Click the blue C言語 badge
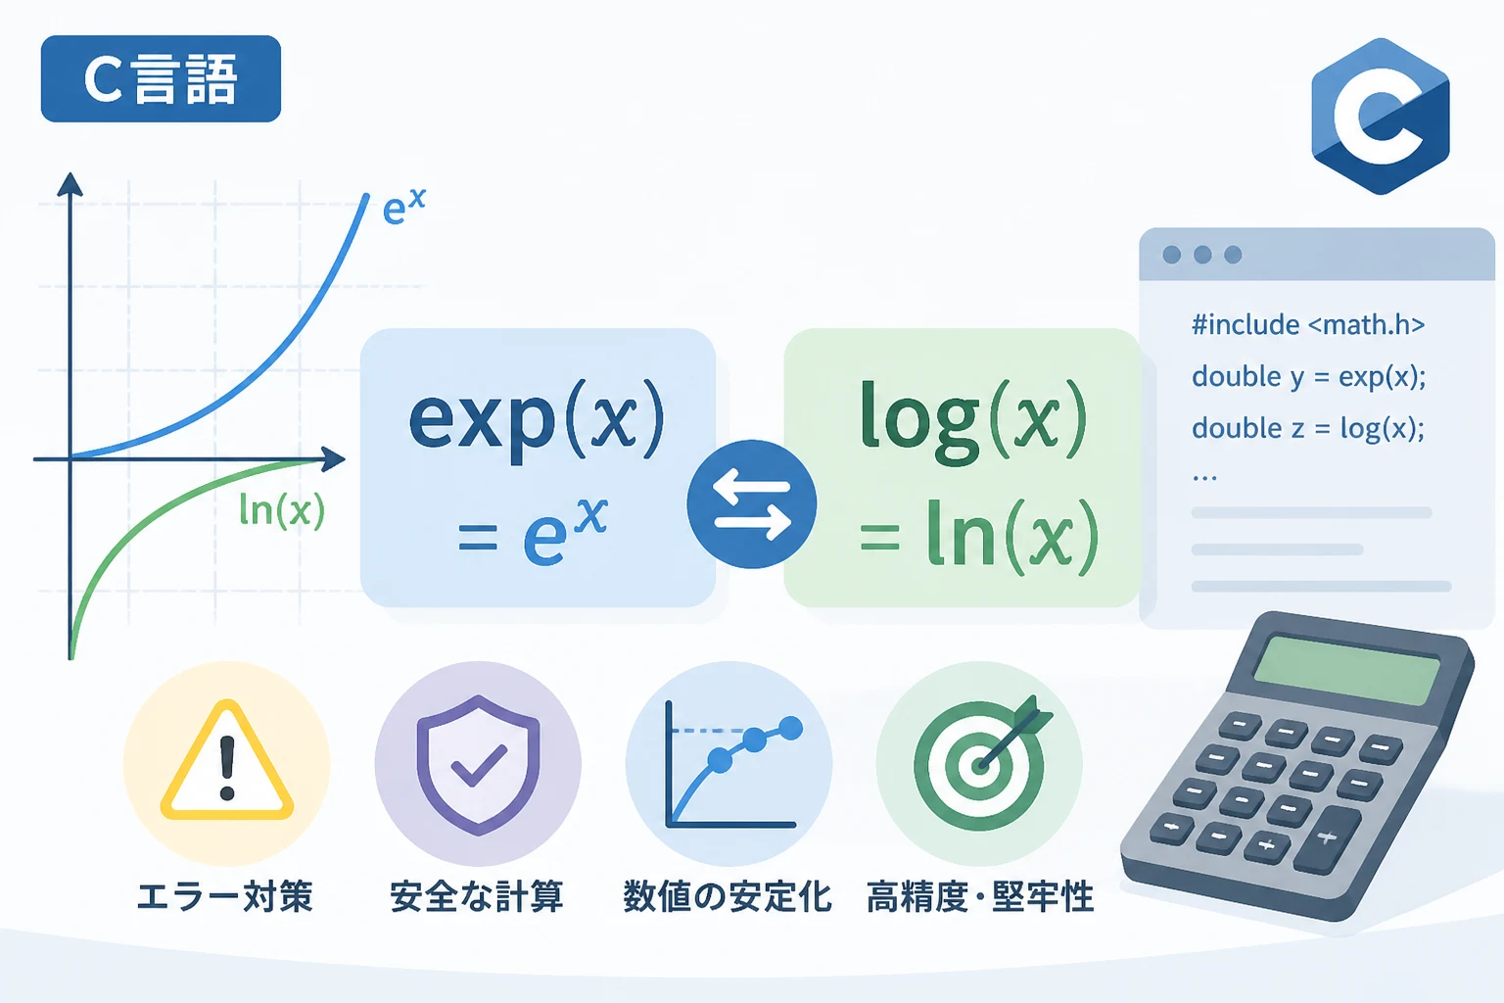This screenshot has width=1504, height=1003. pyautogui.click(x=161, y=78)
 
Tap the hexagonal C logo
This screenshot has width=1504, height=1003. pyautogui.click(x=1381, y=117)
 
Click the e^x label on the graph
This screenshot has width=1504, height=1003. pyautogui.click(x=403, y=206)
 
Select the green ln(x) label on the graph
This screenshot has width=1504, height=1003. pyautogui.click(x=282, y=510)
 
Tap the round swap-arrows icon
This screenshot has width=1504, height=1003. pyautogui.click(x=751, y=503)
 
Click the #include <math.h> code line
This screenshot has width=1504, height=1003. pyautogui.click(x=1308, y=325)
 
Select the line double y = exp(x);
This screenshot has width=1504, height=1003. pyautogui.click(x=1308, y=377)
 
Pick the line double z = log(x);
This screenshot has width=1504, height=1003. pyautogui.click(x=1308, y=428)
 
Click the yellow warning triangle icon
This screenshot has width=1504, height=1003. pyautogui.click(x=227, y=760)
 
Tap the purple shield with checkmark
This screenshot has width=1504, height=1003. pyautogui.click(x=478, y=765)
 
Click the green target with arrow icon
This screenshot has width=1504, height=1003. pyautogui.click(x=982, y=762)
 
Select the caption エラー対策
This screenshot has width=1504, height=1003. pyautogui.click(x=225, y=897)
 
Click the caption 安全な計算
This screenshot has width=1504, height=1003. pyautogui.click(x=477, y=897)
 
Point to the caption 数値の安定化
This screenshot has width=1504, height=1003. pyautogui.click(x=728, y=897)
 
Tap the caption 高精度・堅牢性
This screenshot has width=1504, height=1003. pyautogui.click(x=980, y=897)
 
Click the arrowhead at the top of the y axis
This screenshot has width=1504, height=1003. pyautogui.click(x=70, y=184)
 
